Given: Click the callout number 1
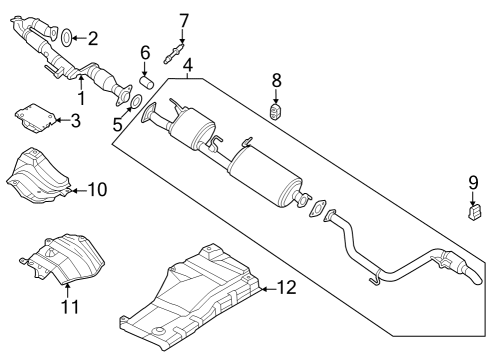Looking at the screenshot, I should coord(82,100).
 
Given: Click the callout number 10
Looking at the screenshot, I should coord(97,187).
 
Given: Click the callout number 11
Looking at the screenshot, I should coord(67,307).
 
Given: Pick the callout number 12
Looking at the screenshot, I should coord(286,289).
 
